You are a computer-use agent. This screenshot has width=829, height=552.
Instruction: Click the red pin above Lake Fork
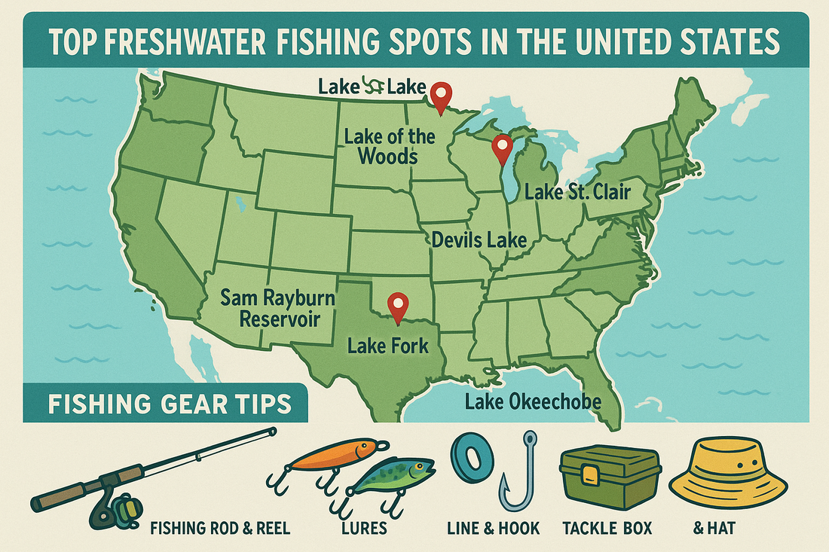pos(397,305)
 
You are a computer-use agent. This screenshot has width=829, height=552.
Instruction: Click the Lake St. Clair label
pos(577,193)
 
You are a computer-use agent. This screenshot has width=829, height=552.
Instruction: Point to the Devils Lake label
pos(479,241)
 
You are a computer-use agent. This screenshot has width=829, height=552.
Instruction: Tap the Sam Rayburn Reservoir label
pos(277,308)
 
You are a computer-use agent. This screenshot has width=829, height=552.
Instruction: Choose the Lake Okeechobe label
pos(533,401)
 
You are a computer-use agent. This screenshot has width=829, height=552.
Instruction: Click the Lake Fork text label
pos(387,346)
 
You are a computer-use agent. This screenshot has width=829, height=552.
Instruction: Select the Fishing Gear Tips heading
pos(170,404)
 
